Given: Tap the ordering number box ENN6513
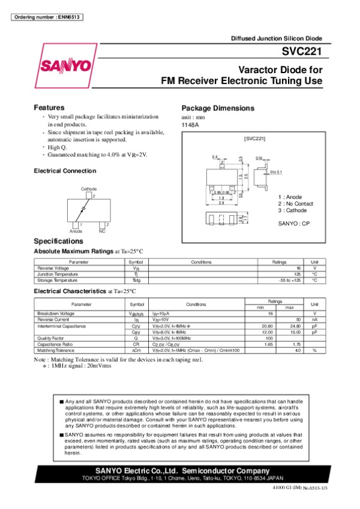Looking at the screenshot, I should pos(46,16).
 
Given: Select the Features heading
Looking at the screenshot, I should pos(49,107).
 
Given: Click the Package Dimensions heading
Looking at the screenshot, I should pos(218,109).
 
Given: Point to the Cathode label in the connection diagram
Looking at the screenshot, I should pos(88,189).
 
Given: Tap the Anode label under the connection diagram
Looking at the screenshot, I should pos(76,231).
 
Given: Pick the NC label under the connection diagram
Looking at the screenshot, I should pos(102,231).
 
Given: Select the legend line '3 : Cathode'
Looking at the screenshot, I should pos(293,210).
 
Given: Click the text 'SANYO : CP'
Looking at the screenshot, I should pos(293,223).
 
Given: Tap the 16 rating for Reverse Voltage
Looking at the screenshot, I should pos(298,268).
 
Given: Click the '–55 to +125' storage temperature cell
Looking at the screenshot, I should pos(289,280).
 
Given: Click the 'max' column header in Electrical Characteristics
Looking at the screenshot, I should pos(289,308).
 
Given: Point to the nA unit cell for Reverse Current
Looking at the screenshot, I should pos(314,320).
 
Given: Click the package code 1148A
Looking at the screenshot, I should pos(190,125).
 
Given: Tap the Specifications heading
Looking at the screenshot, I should pos(58,241).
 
